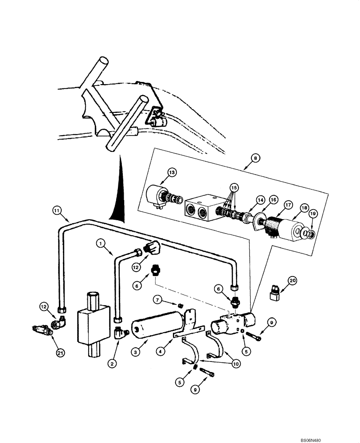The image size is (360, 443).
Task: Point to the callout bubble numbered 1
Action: pos(101,243)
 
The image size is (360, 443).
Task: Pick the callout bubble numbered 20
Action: pos(292,280)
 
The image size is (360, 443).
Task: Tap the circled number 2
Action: pos(113,363)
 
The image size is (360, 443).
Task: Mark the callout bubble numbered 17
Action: pos(288,205)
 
